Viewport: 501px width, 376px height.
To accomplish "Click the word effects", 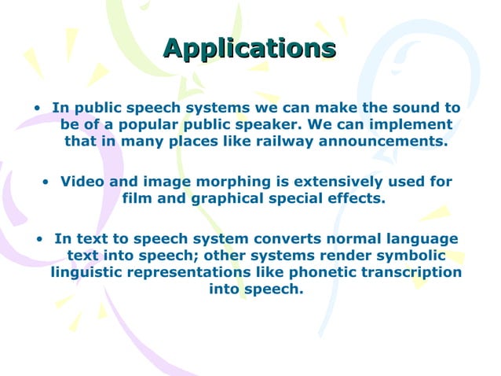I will click(359, 198).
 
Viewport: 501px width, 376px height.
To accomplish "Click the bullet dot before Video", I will click(47, 182).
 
